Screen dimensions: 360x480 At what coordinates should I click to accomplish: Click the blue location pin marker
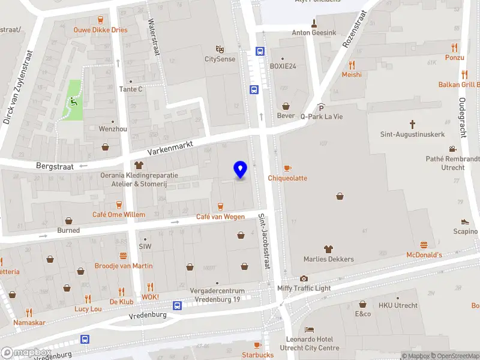coord(241,169)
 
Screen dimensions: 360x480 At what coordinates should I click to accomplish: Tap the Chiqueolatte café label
coord(287,178)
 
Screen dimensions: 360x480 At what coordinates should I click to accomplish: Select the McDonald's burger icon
coord(424,245)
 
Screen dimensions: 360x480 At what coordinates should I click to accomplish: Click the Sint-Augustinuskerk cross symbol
coord(413,124)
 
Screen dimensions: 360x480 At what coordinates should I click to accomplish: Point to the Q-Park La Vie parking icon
coord(321,106)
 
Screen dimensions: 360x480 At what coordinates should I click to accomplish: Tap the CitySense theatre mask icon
coord(220,49)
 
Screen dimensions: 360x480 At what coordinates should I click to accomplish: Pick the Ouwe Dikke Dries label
coord(100,29)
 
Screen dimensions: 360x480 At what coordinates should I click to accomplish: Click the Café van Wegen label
coord(220,217)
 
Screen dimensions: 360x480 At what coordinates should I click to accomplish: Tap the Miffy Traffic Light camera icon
coord(304,278)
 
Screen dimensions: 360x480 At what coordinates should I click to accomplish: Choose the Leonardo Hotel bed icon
coord(309,330)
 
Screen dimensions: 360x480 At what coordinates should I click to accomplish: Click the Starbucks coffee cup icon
coord(257,345)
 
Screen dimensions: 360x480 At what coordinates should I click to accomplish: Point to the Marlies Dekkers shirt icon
coord(328,249)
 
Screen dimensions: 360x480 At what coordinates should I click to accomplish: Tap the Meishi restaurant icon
coord(352,65)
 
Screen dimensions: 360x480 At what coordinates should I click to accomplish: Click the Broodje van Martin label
coord(124,266)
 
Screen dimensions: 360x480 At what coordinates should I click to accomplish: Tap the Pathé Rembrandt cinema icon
coord(452,149)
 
